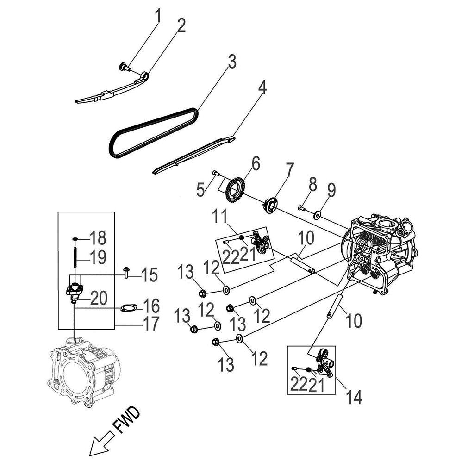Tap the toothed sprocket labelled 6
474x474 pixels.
click(236, 190)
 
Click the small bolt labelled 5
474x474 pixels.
click(215, 173)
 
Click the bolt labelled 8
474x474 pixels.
click(301, 208)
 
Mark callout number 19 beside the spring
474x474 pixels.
click(98, 257)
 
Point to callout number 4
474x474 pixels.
click(262, 88)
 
